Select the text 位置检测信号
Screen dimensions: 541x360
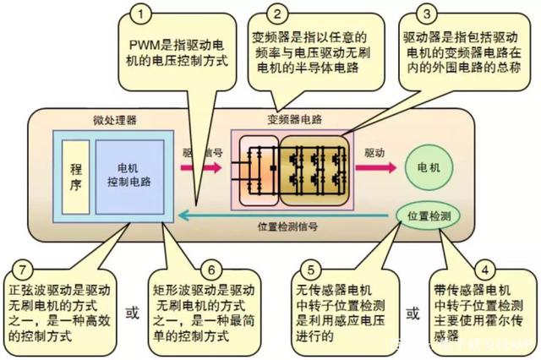(x=287, y=227)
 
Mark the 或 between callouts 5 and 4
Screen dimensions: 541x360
(x=413, y=314)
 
